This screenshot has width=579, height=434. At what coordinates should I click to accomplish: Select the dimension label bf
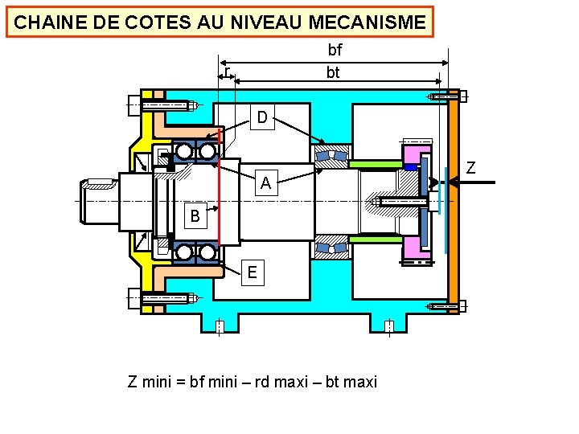point(335,50)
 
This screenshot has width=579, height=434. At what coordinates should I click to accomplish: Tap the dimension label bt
point(333,72)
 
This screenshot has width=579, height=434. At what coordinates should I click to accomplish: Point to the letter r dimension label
point(227,73)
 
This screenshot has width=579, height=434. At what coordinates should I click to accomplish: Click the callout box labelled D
point(262,118)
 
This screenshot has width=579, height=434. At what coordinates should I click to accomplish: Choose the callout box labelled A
point(265,184)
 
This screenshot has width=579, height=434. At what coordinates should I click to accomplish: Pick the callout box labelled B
point(195,216)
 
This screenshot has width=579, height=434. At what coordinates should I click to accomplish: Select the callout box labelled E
point(253,272)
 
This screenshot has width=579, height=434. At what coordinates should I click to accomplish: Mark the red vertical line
point(218,201)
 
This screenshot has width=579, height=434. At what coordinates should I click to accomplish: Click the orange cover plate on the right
point(453,201)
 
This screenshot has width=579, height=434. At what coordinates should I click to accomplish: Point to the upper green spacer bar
point(376,164)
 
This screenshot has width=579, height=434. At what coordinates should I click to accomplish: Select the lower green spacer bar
point(376,239)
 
